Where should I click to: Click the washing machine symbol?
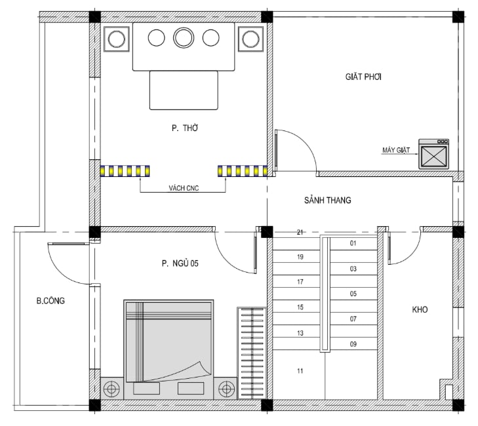(x=433, y=154)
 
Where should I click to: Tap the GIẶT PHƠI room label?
(x=363, y=77)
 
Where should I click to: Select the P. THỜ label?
(x=185, y=128)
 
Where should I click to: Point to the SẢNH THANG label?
(x=328, y=200)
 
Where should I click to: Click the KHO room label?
(x=420, y=309)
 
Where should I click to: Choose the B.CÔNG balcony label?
(x=50, y=301)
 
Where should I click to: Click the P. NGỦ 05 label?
(x=180, y=263)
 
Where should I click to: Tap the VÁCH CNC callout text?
(x=184, y=188)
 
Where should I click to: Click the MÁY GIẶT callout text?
(x=396, y=150)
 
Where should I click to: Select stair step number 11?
(x=300, y=371)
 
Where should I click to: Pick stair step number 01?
(x=353, y=243)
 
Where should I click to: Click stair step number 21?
(x=300, y=232)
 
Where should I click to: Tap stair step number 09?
(x=353, y=344)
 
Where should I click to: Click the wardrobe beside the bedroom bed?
(x=252, y=353)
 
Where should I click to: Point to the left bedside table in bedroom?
(x=112, y=389)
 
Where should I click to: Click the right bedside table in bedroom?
(x=226, y=389)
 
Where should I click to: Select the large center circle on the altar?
(x=184, y=38)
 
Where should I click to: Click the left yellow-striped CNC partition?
(x=125, y=171)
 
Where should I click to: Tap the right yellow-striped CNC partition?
(x=243, y=171)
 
